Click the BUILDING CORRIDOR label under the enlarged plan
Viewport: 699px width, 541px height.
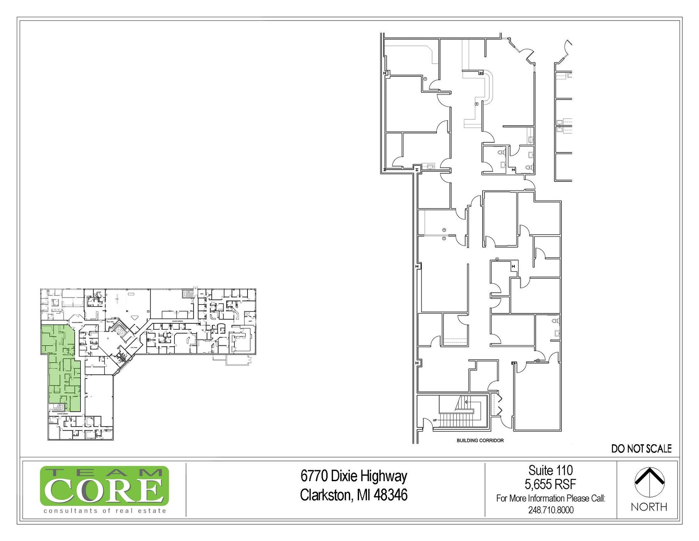point(480,441)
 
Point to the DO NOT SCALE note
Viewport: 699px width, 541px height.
point(641,449)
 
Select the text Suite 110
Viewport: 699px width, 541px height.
point(551,471)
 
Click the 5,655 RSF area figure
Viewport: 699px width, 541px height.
point(551,484)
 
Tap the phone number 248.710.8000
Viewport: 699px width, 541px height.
point(551,510)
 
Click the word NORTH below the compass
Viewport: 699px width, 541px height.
point(649,507)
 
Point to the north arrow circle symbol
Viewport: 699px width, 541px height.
point(649,482)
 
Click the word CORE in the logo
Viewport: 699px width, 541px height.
point(104,490)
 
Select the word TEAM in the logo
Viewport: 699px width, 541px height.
point(104,473)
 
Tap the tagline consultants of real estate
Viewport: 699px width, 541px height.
point(105,511)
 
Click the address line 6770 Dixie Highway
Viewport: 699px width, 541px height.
point(354,476)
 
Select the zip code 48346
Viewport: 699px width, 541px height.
point(390,495)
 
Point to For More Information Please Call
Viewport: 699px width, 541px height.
point(551,498)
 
